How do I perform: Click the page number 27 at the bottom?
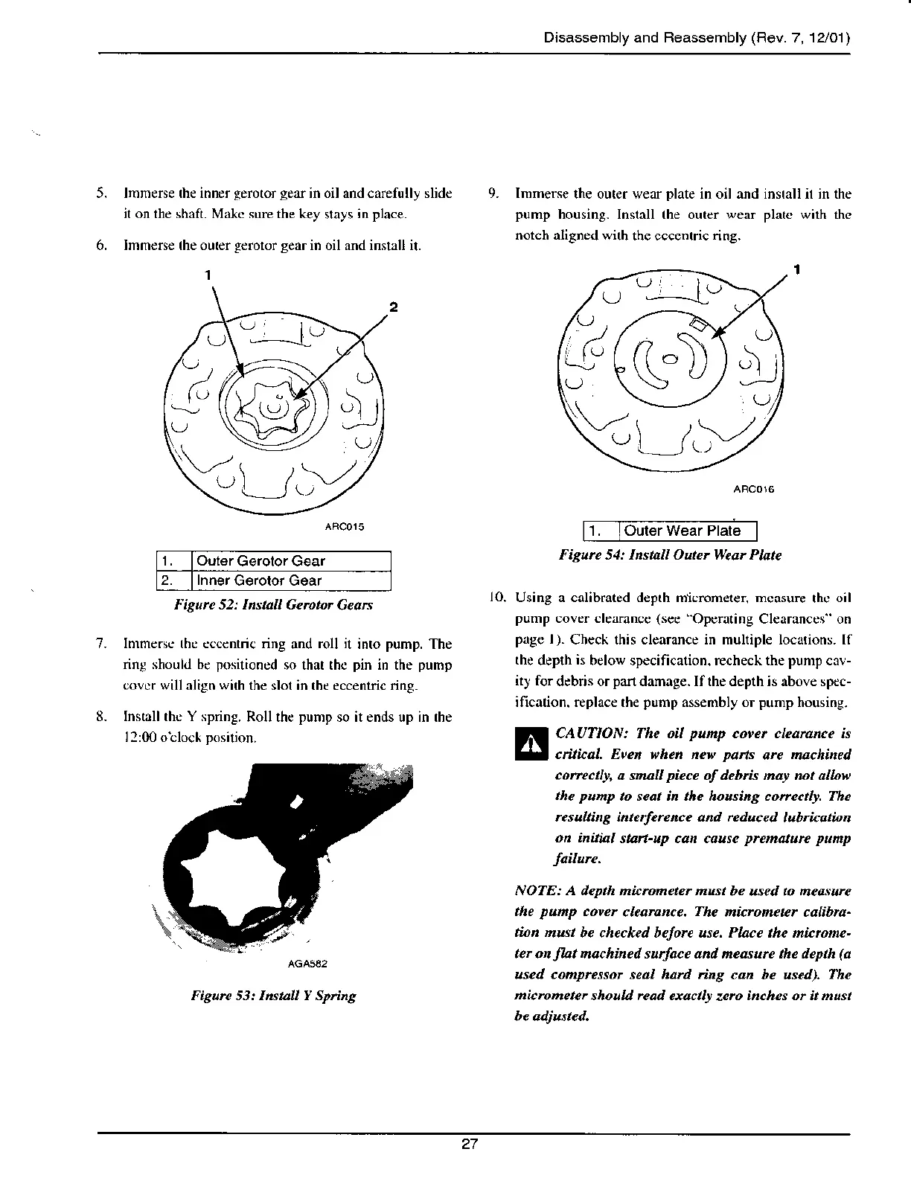pyautogui.click(x=469, y=1145)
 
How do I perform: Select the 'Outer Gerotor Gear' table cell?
pyautogui.click(x=260, y=561)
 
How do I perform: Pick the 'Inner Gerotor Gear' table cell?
pyautogui.click(x=259, y=580)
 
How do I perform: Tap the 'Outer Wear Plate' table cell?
pyautogui.click(x=683, y=531)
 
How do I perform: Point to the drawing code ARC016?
pyautogui.click(x=754, y=490)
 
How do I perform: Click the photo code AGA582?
pyautogui.click(x=307, y=964)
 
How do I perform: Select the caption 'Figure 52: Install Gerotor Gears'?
pyautogui.click(x=273, y=604)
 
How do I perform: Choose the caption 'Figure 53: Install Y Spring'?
pyautogui.click(x=273, y=995)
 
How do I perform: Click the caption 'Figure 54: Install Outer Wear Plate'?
pyautogui.click(x=670, y=555)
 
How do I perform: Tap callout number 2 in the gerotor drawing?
pyautogui.click(x=394, y=307)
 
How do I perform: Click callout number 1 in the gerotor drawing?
pyautogui.click(x=209, y=274)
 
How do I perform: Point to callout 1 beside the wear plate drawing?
pyautogui.click(x=796, y=269)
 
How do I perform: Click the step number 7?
pyautogui.click(x=100, y=644)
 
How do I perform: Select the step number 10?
pyautogui.click(x=496, y=598)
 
